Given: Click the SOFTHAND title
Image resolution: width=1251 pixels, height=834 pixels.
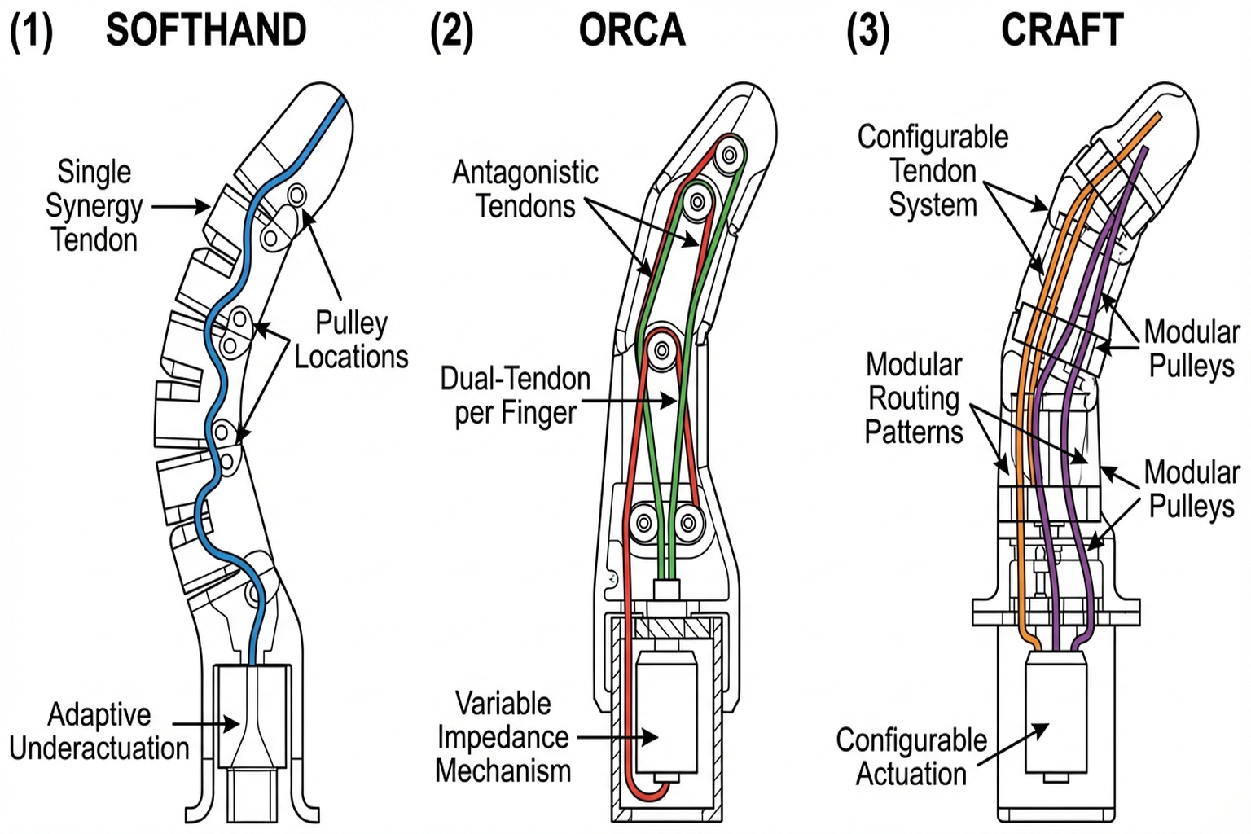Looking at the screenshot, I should (x=206, y=31).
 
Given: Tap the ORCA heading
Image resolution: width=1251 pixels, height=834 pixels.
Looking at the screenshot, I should (x=632, y=31).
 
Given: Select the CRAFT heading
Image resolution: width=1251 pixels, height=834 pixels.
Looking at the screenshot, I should (x=1061, y=31).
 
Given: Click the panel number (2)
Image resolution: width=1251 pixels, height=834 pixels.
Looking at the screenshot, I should (x=451, y=32).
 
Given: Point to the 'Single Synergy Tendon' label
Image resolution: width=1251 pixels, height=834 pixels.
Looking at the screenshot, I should (x=94, y=206).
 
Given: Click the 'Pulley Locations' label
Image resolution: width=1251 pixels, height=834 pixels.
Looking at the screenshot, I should (x=351, y=340).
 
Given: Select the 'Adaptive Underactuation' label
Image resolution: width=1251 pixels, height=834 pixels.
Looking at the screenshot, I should (x=99, y=731).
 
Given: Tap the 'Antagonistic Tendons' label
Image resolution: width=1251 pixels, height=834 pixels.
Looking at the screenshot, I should (x=525, y=189).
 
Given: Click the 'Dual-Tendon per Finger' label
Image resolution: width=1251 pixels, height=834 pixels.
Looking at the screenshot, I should (x=516, y=396).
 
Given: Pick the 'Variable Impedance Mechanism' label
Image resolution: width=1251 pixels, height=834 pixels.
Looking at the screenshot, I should (x=503, y=737).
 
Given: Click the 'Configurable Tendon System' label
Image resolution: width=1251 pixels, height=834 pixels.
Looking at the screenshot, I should (x=933, y=171).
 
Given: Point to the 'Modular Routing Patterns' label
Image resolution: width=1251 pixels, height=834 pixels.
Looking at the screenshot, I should (x=914, y=398).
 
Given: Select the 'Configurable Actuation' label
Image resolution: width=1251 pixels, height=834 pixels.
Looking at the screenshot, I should (x=911, y=757).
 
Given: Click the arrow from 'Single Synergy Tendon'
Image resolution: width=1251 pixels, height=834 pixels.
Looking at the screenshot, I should (x=181, y=207).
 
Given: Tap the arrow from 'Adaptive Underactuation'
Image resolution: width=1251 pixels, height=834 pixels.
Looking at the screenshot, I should (x=206, y=723).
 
